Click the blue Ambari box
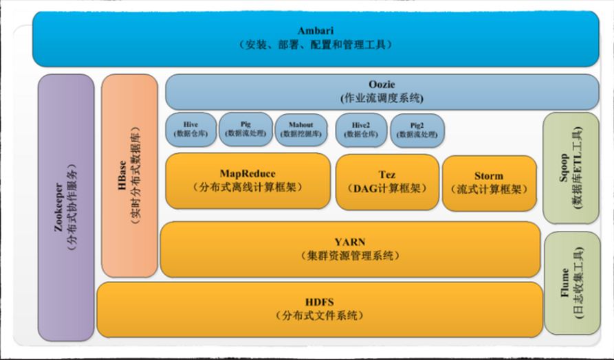316,38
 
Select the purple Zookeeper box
66,207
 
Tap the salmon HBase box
129,176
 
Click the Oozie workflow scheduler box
382,91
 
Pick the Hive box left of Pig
190,130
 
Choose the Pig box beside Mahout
245,129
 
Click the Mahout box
300,130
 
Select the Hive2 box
361,130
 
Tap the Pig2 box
417,131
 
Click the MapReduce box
248,181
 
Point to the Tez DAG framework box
387,182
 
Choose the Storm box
489,183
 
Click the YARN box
350,249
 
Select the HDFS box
320,309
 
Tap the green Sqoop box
571,168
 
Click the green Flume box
572,283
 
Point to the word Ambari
316,30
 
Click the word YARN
350,242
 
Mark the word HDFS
320,302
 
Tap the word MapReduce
248,174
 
